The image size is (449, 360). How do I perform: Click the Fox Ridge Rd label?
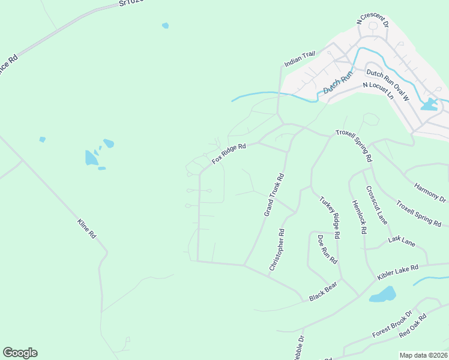coord(229,154)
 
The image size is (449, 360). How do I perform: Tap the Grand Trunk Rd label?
coord(274,195)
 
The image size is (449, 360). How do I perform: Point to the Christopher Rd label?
coord(277,249)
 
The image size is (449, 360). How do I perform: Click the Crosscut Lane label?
coord(377,205)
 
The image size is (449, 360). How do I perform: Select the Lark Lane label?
coord(402,241)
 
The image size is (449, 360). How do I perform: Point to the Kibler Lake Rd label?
coord(397,272)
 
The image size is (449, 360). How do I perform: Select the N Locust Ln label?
coord(378,91)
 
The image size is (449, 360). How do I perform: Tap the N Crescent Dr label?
coord(373,22)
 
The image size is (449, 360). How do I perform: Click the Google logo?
coord(20,353)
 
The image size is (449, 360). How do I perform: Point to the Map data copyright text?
coord(423,355)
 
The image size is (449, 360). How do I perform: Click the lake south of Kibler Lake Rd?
coord(382,295)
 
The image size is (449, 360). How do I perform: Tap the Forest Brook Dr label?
coord(392,325)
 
